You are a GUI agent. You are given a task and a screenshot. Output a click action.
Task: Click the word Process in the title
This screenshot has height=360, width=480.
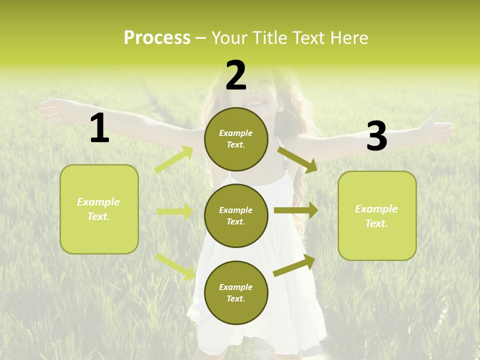(x=157, y=38)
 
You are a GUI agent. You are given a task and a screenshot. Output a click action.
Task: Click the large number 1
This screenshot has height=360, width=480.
(x=99, y=128)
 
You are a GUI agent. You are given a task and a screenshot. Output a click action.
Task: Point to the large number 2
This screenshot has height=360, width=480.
(x=236, y=75)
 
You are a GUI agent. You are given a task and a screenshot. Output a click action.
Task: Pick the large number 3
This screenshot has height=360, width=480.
(x=376, y=136)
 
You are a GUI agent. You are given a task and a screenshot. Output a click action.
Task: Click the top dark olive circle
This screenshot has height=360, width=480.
(x=236, y=139)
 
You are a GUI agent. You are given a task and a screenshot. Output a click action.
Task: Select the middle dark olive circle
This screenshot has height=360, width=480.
(x=236, y=215)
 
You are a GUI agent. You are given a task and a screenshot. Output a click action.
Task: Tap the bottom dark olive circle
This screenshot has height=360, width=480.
(x=236, y=292)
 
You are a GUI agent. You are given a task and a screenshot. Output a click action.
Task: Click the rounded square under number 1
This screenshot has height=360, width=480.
(x=99, y=209)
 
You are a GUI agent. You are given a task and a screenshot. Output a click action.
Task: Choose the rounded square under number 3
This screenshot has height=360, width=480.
(x=377, y=215)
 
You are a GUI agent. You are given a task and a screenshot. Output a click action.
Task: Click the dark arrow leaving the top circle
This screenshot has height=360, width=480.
(x=297, y=159)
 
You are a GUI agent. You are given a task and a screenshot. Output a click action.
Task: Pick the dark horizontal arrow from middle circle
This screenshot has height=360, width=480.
(x=295, y=210)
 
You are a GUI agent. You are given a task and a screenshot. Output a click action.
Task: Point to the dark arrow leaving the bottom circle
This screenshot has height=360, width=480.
(x=294, y=265)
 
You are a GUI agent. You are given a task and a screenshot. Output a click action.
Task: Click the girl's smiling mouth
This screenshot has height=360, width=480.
(x=256, y=103)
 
